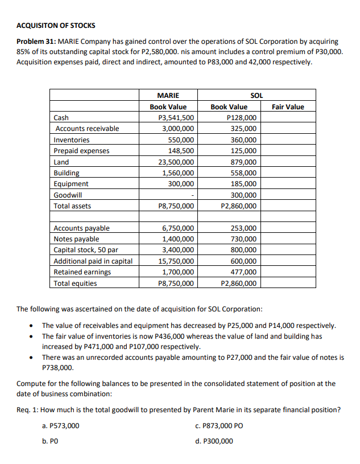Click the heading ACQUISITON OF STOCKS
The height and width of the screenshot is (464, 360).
56,26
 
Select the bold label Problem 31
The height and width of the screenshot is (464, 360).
36,42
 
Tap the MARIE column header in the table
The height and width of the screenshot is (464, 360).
168,96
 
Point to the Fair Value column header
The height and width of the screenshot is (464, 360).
288,106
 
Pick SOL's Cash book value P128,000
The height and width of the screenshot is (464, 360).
241,118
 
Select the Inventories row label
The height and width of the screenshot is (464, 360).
71,140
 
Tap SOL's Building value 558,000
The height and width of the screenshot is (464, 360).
243,173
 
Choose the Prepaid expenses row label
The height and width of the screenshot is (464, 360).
81,151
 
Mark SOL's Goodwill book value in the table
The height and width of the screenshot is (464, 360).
243,195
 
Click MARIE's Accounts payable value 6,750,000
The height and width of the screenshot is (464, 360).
178,228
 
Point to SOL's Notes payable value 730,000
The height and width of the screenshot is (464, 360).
243,239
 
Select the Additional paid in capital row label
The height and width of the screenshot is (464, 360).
93,261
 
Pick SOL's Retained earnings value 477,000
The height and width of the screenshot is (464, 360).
243,272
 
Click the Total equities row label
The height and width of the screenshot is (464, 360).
75,283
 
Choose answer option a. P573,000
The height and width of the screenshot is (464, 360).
61,425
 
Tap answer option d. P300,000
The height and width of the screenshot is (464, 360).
213,441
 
